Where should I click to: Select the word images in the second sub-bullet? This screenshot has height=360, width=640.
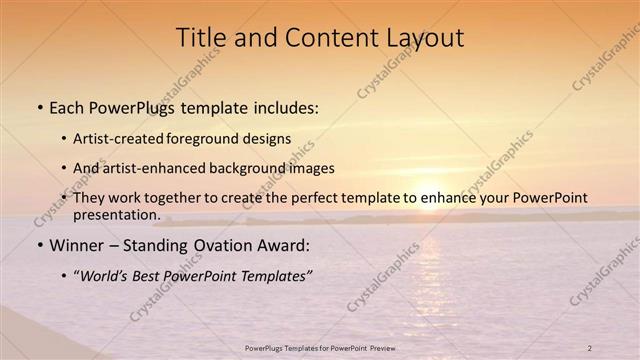click(311, 168)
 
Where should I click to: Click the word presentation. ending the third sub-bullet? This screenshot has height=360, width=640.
click(116, 214)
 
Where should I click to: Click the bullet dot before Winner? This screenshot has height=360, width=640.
click(39, 245)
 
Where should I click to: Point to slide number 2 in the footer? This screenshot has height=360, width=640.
click(589, 347)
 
